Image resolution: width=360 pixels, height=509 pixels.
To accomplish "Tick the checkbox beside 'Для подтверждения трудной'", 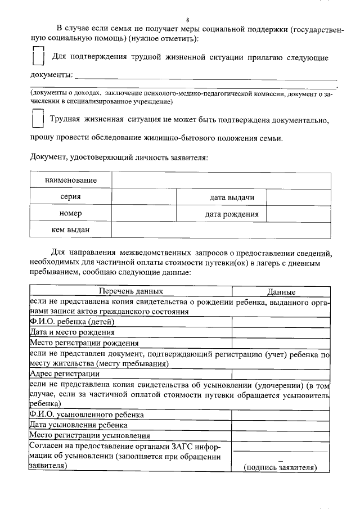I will (38, 57).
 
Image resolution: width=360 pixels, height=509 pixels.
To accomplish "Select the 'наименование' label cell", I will (71, 181).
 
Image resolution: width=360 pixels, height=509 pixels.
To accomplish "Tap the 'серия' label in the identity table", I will (71, 197).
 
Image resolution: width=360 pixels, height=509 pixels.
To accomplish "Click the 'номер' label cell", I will (71, 214).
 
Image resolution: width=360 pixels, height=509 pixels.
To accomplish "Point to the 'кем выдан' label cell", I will (71, 230).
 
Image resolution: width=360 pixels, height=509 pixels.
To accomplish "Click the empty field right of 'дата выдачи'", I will (298, 197).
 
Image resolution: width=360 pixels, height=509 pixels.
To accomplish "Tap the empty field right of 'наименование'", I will (221, 181).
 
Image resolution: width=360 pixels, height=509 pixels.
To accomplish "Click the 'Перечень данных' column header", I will (131, 292).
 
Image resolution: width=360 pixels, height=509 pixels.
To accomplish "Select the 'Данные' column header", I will (281, 292).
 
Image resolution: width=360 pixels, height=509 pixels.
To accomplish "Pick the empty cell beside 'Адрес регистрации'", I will (281, 374).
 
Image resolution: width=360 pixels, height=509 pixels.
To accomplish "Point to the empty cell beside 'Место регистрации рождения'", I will (281, 343).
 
